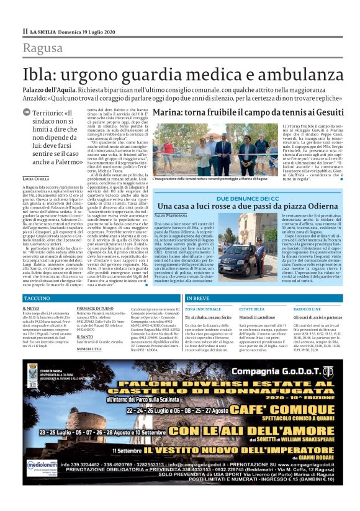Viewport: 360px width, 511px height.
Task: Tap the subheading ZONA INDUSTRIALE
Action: [202, 308]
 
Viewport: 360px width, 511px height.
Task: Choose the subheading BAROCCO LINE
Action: [307, 308]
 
